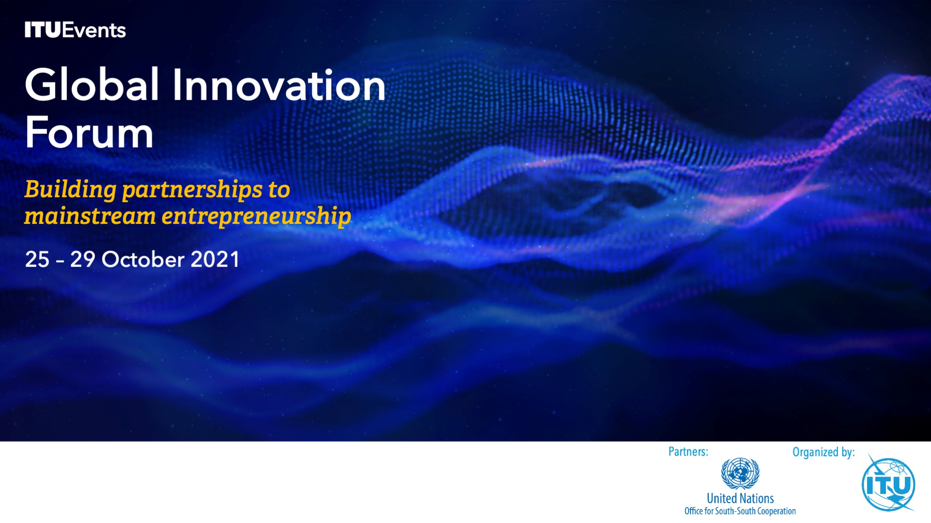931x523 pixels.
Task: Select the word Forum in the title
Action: click(x=89, y=132)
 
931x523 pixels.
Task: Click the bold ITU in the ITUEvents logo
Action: click(x=43, y=30)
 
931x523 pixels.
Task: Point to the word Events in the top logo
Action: click(x=94, y=30)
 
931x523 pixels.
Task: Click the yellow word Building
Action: click(x=70, y=190)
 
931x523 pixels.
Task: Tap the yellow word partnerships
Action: click(x=193, y=190)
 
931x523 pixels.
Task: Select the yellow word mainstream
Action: click(x=90, y=216)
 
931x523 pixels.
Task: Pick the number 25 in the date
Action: click(x=37, y=259)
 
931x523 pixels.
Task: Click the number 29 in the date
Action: click(x=82, y=259)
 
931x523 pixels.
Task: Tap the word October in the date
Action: click(x=143, y=259)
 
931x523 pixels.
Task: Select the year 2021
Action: click(x=215, y=259)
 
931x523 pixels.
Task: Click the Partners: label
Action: click(x=689, y=452)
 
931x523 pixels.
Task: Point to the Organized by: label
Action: click(x=823, y=452)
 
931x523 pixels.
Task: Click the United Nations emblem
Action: click(x=740, y=473)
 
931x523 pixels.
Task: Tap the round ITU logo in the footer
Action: click(x=888, y=484)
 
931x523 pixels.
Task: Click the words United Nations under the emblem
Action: click(x=740, y=498)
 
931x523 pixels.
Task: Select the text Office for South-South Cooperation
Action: click(x=740, y=511)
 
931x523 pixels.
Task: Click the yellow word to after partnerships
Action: click(x=279, y=190)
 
